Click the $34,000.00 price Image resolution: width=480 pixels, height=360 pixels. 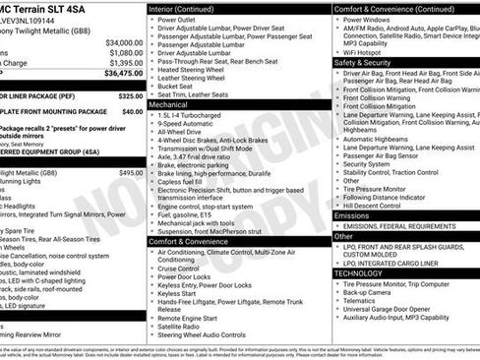coord(124,43)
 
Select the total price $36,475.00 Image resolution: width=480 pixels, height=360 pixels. coord(121,73)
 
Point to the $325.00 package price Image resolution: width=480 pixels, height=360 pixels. coord(130,96)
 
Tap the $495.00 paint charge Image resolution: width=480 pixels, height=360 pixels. coord(131,171)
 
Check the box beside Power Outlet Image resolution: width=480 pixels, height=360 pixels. coord(151,19)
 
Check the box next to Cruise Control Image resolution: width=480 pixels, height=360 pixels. coord(151,269)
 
